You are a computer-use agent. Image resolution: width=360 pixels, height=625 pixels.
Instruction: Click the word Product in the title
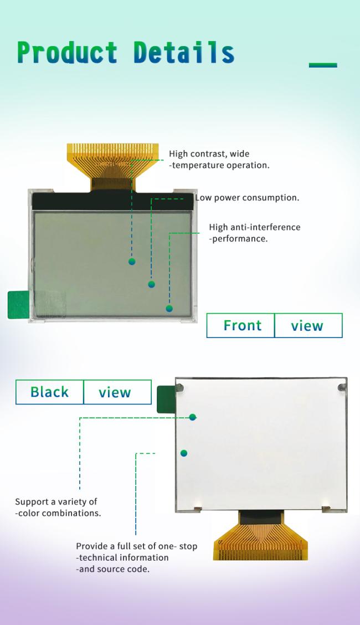(x=68, y=52)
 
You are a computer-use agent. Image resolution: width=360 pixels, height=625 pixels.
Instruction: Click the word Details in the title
(x=184, y=52)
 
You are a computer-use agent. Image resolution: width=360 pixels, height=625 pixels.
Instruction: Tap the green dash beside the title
(x=323, y=65)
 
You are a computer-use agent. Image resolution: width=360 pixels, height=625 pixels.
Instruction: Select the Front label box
(x=240, y=326)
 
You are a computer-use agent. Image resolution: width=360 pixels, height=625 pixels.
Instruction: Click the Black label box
(x=50, y=392)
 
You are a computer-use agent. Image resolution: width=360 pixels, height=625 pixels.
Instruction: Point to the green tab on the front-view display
(x=18, y=305)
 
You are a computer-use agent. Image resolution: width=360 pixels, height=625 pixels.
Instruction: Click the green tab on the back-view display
(x=166, y=399)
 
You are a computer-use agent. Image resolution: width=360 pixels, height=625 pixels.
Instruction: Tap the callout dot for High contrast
(x=132, y=262)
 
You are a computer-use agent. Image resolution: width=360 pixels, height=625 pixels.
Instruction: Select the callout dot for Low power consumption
(x=151, y=284)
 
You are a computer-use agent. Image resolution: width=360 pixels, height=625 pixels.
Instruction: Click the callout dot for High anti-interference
(x=169, y=309)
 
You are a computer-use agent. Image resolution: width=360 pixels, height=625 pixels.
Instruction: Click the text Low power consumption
(x=247, y=198)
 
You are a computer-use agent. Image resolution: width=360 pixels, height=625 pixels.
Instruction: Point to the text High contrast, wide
(x=209, y=154)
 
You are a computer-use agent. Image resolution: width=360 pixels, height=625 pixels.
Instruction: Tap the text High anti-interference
(x=255, y=227)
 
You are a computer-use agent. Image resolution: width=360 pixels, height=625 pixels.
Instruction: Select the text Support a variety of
(x=56, y=502)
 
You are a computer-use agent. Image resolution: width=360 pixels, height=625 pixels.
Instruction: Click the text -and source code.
(x=112, y=569)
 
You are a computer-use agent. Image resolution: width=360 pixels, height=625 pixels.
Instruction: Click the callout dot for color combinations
(x=193, y=417)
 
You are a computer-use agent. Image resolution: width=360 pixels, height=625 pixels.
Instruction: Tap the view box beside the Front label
(x=308, y=326)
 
